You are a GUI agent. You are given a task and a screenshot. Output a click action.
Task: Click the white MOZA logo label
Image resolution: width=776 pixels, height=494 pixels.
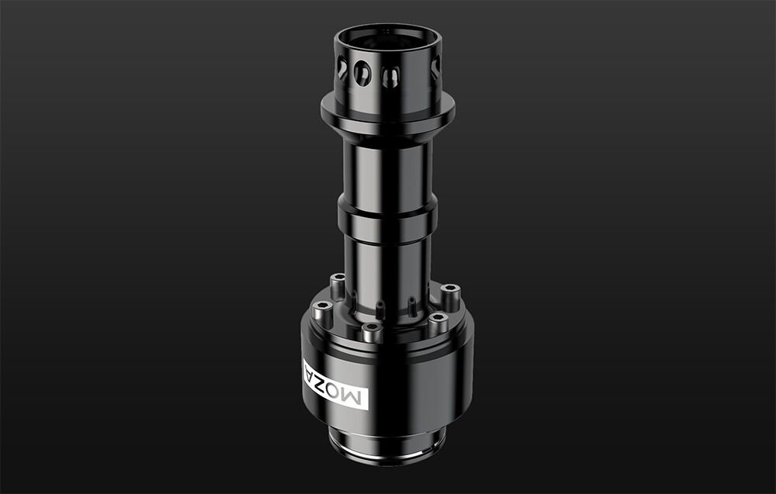point(339,384)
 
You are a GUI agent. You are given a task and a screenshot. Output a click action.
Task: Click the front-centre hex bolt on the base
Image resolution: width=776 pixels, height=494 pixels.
point(372,329)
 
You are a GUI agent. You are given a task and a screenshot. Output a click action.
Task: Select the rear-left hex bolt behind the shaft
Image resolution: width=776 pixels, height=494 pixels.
point(338,281)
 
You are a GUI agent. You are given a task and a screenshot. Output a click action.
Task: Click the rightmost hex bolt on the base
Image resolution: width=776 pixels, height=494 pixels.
point(450,292)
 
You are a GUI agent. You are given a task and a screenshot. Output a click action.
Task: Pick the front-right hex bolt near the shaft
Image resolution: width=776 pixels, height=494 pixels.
point(438,319)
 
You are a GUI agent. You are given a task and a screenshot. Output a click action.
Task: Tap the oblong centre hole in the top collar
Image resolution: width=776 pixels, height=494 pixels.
point(391,75)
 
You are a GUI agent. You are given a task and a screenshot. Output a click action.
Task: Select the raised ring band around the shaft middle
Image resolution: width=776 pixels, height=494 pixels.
point(386,219)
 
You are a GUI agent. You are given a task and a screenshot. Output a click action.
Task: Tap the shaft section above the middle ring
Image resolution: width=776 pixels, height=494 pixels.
point(386,171)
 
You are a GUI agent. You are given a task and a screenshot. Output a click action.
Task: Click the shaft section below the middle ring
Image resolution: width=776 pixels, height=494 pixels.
point(386,268)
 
